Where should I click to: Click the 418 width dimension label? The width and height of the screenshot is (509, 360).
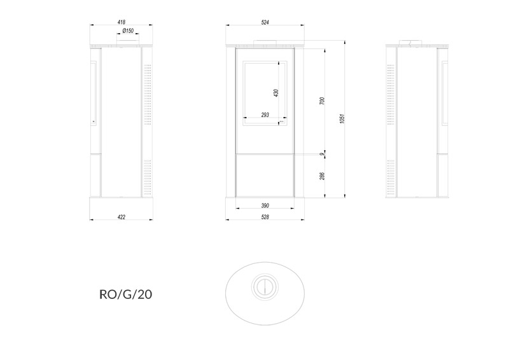[122, 22]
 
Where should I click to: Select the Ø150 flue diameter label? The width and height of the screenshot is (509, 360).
[128, 31]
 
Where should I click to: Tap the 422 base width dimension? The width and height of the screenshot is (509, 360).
[122, 217]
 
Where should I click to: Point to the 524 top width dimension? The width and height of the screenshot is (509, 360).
[265, 22]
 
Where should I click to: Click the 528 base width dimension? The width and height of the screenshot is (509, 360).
[265, 217]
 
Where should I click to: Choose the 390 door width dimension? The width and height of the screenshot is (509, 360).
[265, 205]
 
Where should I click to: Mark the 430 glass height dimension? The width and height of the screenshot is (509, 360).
[276, 93]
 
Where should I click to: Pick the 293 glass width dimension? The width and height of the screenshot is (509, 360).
[265, 114]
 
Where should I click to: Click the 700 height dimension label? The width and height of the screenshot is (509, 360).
[322, 100]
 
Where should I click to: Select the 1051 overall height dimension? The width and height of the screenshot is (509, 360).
[342, 118]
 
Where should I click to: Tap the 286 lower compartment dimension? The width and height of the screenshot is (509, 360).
[322, 176]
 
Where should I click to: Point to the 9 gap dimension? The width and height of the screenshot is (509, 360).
[322, 154]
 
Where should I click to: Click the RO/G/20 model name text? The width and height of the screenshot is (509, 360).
[125, 294]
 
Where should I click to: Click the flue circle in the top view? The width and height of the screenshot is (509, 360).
[265, 287]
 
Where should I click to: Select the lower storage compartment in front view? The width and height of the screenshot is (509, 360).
[265, 176]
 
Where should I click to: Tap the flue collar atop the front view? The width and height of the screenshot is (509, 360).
[265, 42]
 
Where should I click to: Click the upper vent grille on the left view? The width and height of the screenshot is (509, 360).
[148, 95]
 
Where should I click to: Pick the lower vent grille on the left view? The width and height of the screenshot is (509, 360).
[148, 175]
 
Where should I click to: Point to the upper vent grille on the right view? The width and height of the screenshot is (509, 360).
[391, 95]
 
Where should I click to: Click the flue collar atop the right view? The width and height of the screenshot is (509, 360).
[410, 42]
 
